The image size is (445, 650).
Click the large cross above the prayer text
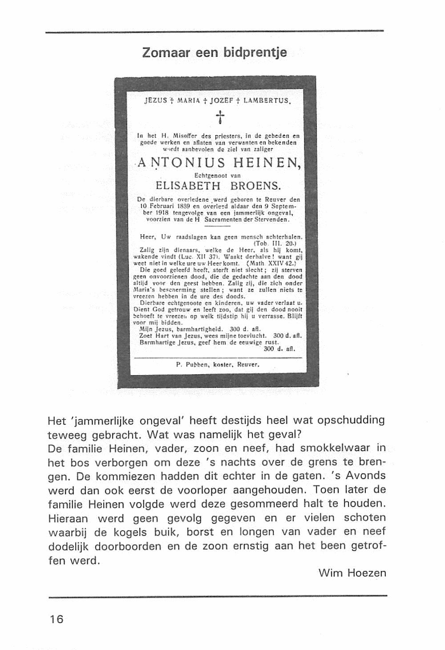coord(220,117)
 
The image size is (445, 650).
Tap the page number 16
coord(57,619)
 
